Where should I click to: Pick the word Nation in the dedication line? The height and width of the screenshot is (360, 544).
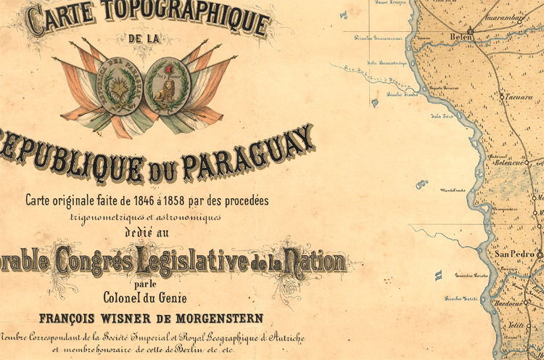(318, 257)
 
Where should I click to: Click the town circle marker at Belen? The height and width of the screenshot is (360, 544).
(471, 31)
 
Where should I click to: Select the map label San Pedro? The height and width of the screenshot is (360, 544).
(513, 255)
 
